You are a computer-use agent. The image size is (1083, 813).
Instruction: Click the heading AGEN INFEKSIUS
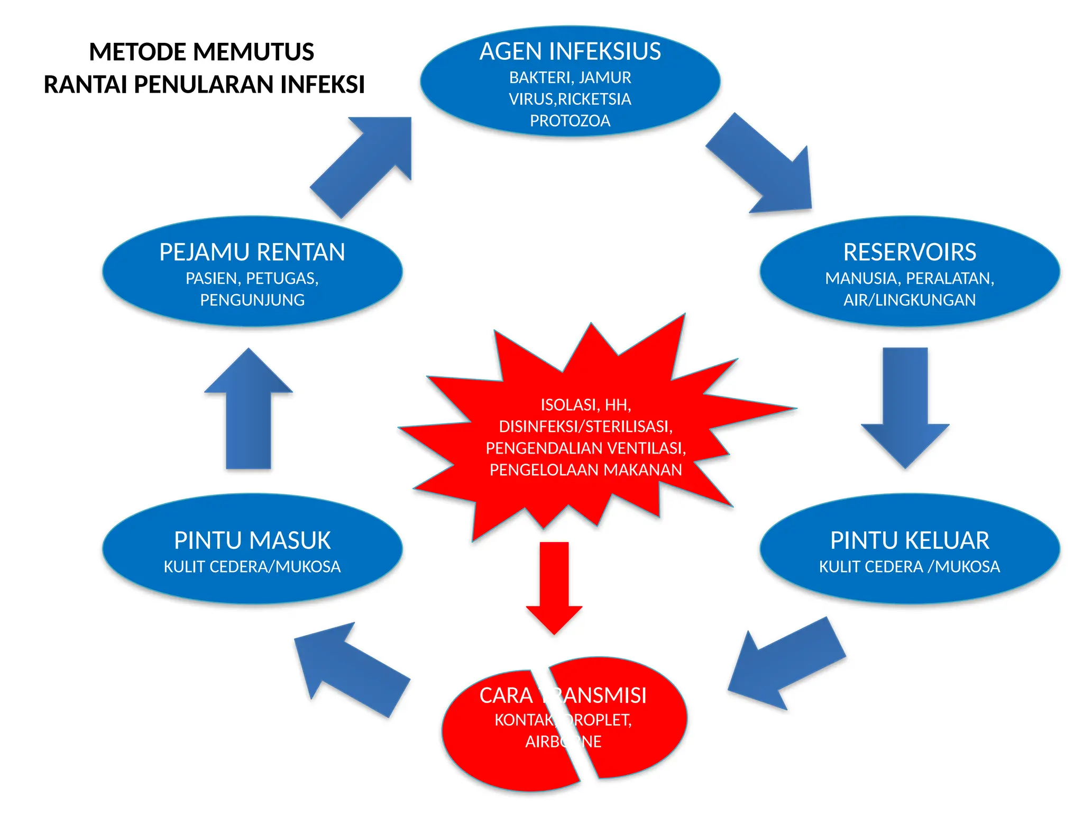click(x=570, y=52)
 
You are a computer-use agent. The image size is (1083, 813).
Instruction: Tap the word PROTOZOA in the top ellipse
click(x=570, y=121)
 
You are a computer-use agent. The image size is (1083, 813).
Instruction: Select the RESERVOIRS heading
click(x=910, y=252)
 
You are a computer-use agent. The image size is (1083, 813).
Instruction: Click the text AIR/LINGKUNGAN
click(x=910, y=300)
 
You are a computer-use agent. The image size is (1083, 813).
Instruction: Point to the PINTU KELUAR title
click(x=910, y=541)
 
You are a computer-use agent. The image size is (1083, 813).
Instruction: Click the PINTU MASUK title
click(x=252, y=541)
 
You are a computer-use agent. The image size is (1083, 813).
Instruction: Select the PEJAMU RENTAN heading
click(x=252, y=252)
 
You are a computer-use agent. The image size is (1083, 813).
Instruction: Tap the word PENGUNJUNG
click(x=252, y=300)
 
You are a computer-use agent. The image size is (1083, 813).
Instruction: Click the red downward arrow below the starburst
click(x=554, y=588)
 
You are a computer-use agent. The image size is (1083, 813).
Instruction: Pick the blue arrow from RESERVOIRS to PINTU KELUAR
click(x=905, y=408)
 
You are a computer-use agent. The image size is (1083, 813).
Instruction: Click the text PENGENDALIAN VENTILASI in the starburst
click(x=585, y=448)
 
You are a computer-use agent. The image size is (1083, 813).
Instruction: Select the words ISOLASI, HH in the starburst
click(x=585, y=405)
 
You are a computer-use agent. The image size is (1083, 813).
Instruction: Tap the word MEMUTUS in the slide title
click(x=254, y=52)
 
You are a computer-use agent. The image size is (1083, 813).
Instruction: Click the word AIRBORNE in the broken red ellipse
click(x=563, y=742)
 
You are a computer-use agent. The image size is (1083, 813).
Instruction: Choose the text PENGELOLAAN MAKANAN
click(x=585, y=470)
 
